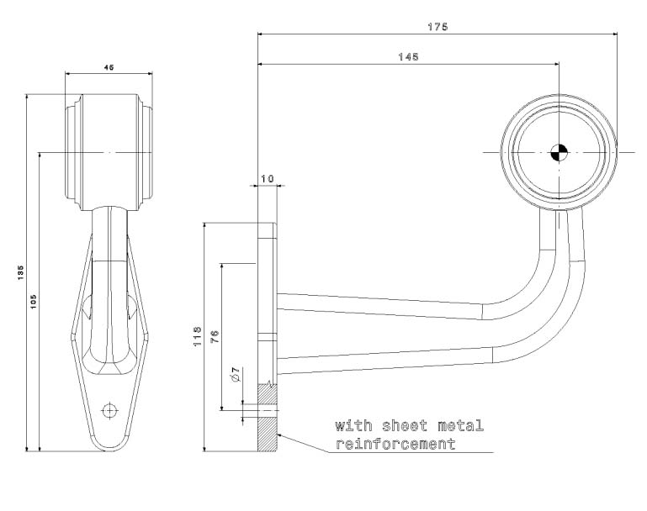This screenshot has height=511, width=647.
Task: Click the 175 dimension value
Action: tap(437, 27)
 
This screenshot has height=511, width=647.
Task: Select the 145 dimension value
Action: tap(408, 56)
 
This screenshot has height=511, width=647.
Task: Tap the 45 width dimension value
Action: tap(109, 66)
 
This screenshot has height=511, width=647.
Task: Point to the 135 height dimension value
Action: tap(19, 272)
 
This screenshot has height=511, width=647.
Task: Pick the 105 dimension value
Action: tap(33, 301)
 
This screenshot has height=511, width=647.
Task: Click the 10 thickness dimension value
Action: tap(267, 179)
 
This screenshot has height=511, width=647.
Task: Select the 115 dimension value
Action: tap(197, 336)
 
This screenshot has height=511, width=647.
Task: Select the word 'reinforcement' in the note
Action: tap(395, 443)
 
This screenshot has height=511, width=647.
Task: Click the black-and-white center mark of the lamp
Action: tap(559, 152)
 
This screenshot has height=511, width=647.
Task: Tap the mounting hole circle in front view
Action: tap(109, 409)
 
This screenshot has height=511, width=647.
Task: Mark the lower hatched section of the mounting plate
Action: tap(266, 432)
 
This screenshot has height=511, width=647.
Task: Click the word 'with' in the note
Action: tap(353, 425)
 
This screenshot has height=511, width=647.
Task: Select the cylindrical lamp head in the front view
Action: tap(109, 151)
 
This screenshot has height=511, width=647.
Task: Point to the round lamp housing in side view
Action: tap(559, 152)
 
